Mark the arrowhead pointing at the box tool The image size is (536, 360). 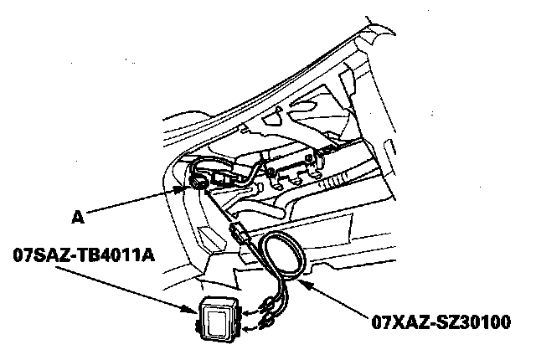[193, 311]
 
